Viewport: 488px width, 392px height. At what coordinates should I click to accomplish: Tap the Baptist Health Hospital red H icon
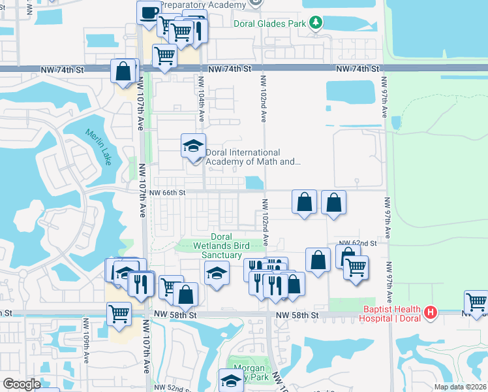coord(429,313)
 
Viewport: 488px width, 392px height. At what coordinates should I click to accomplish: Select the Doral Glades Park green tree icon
coord(316,24)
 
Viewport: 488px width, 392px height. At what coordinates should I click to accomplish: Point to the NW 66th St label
coord(168,193)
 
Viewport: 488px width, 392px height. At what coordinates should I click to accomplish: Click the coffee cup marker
coord(149,12)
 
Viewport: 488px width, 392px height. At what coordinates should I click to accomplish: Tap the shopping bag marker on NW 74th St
coord(123,71)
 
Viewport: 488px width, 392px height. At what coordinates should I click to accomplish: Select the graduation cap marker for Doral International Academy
coord(193,146)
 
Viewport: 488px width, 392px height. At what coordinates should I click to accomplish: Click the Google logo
coord(21,384)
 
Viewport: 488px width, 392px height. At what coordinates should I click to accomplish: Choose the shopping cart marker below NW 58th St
coord(119,314)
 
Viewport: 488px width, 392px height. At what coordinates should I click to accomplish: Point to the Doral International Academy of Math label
coord(253,157)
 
